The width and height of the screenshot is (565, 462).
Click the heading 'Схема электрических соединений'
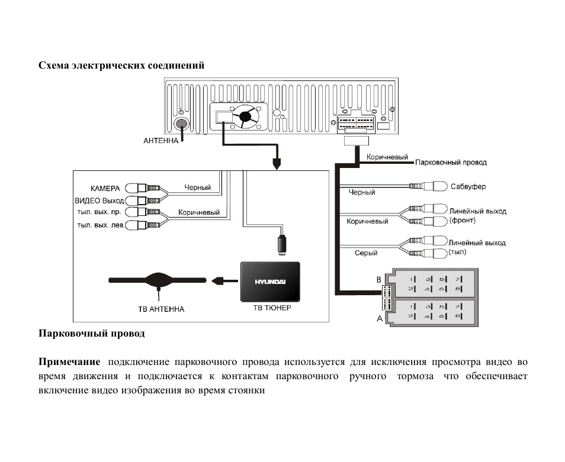pyautogui.click(x=121, y=66)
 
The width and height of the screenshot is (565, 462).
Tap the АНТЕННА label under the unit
pyautogui.click(x=160, y=141)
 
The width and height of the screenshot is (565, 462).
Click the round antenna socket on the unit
pyautogui.click(x=181, y=124)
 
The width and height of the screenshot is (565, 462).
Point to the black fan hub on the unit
pyautogui.click(x=245, y=116)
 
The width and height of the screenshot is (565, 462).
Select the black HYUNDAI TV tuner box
pyautogui.click(x=270, y=282)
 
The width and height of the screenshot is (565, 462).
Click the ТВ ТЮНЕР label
pyautogui.click(x=272, y=308)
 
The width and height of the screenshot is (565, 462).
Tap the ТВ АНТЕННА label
pyautogui.click(x=161, y=309)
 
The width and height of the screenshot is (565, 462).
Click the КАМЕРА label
pyautogui.click(x=105, y=189)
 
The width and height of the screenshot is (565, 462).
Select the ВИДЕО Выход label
pyautogui.click(x=99, y=201)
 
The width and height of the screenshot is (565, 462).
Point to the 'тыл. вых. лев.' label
pyautogui.click(x=101, y=225)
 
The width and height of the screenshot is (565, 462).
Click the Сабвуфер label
pyautogui.click(x=468, y=186)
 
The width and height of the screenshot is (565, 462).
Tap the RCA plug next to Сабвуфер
pyautogui.click(x=428, y=186)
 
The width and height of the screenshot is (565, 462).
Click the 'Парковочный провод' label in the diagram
pyautogui.click(x=451, y=162)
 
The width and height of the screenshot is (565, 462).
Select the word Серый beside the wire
pyautogui.click(x=366, y=253)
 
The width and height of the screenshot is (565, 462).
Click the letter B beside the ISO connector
pyautogui.click(x=378, y=280)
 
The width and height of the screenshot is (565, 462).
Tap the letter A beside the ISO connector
pyautogui.click(x=380, y=318)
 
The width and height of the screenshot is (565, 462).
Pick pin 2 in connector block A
pyautogui.click(x=412, y=316)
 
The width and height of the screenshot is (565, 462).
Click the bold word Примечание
pyautogui.click(x=69, y=362)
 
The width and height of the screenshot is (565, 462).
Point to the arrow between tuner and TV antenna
pyautogui.click(x=224, y=280)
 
